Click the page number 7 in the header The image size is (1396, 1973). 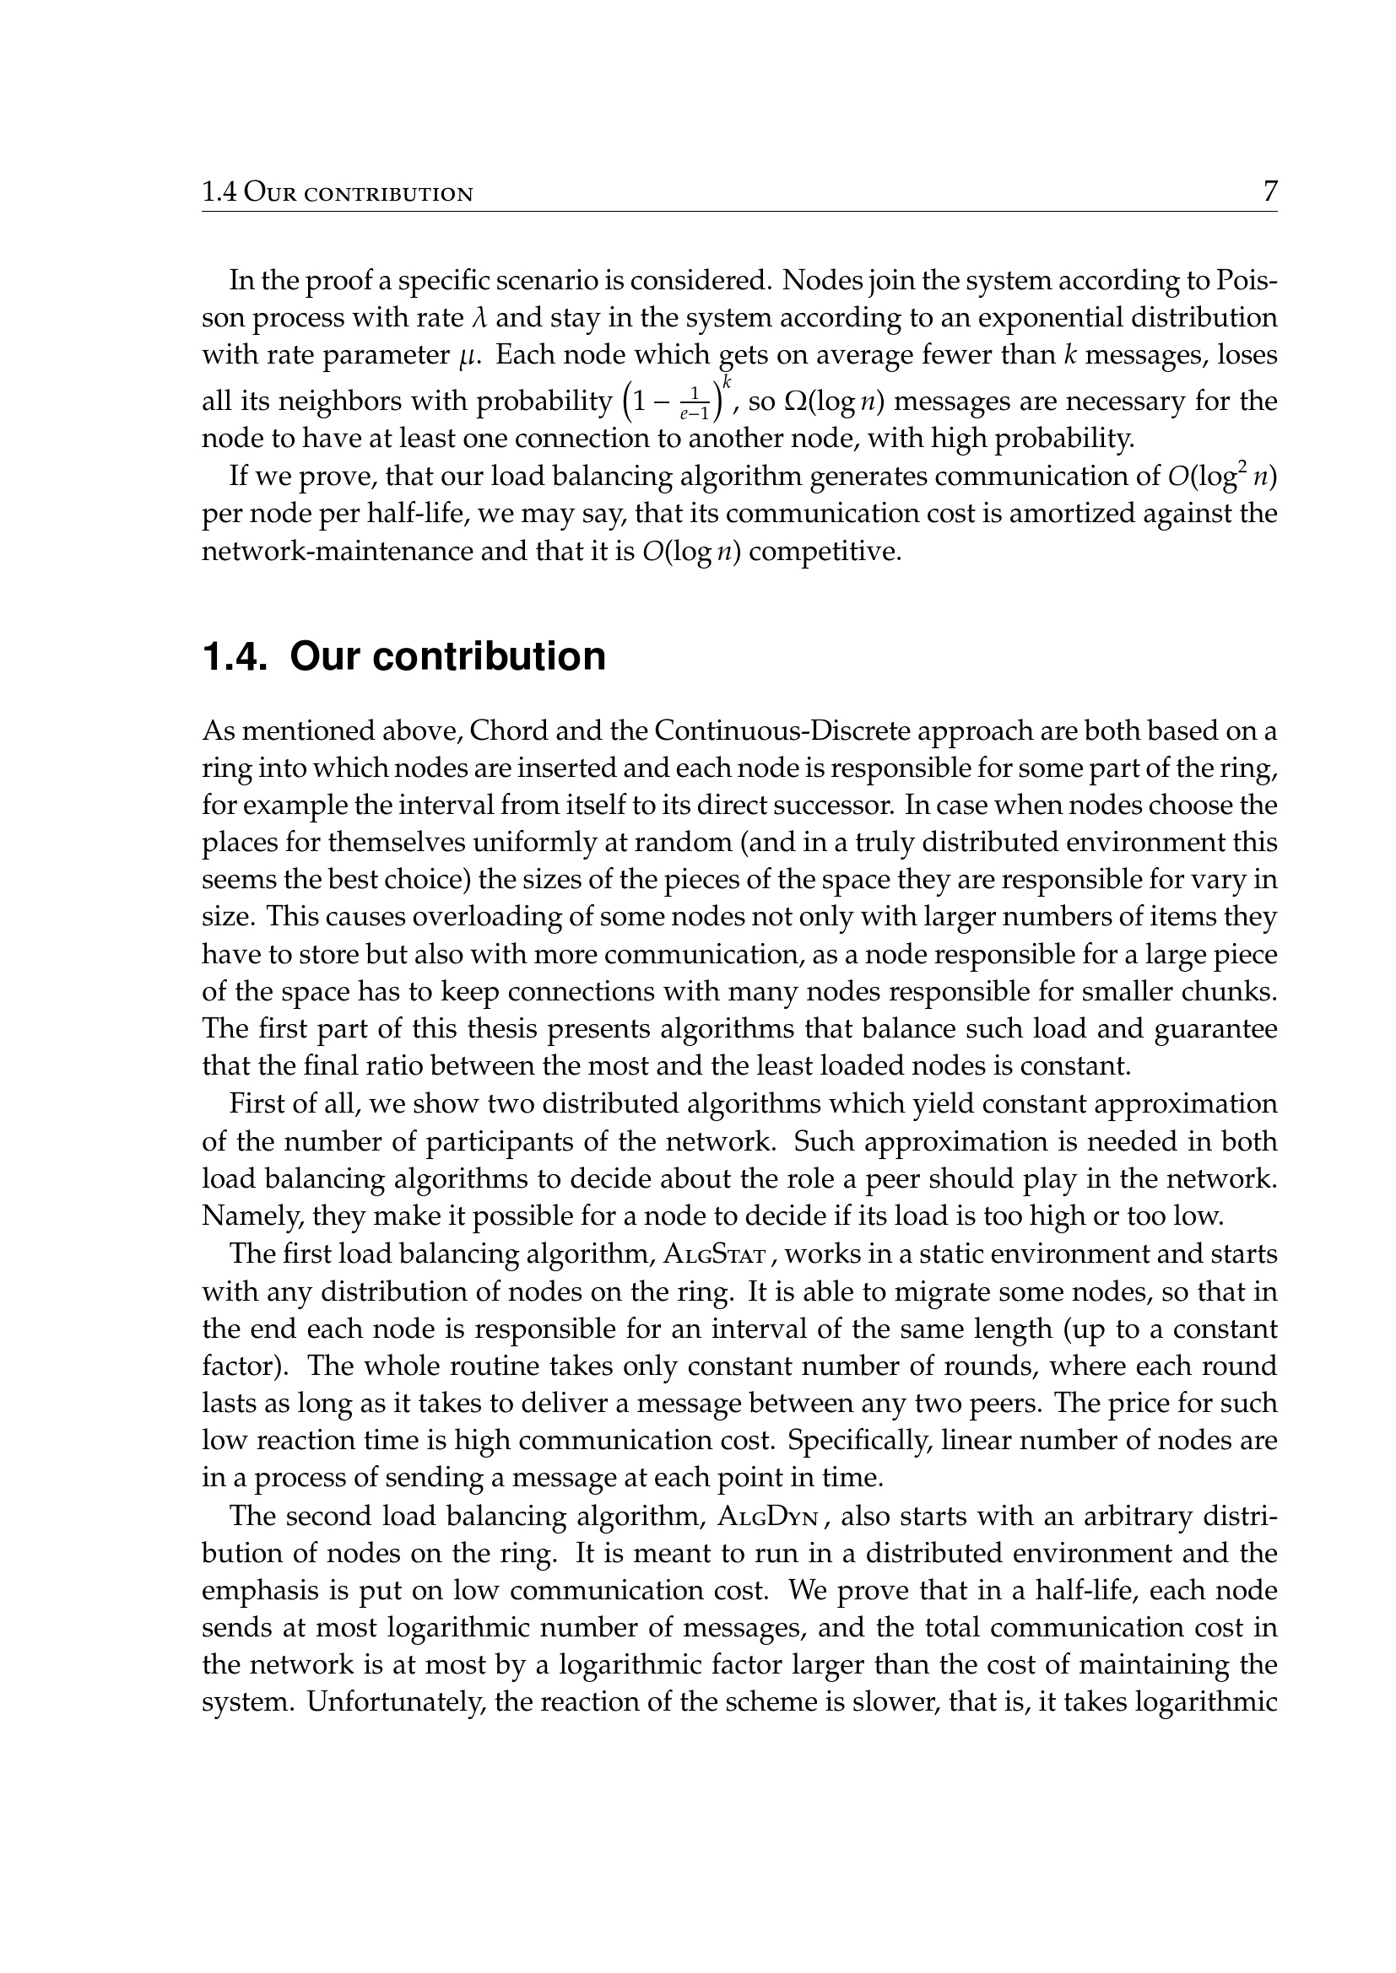tap(1269, 191)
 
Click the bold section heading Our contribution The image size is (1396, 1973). tap(447, 656)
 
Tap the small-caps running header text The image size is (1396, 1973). tap(337, 192)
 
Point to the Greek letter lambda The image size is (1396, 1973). tap(480, 319)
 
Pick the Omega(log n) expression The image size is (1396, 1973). tap(823, 402)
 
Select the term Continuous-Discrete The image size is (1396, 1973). tap(791, 731)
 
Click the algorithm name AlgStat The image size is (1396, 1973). tap(713, 1255)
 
